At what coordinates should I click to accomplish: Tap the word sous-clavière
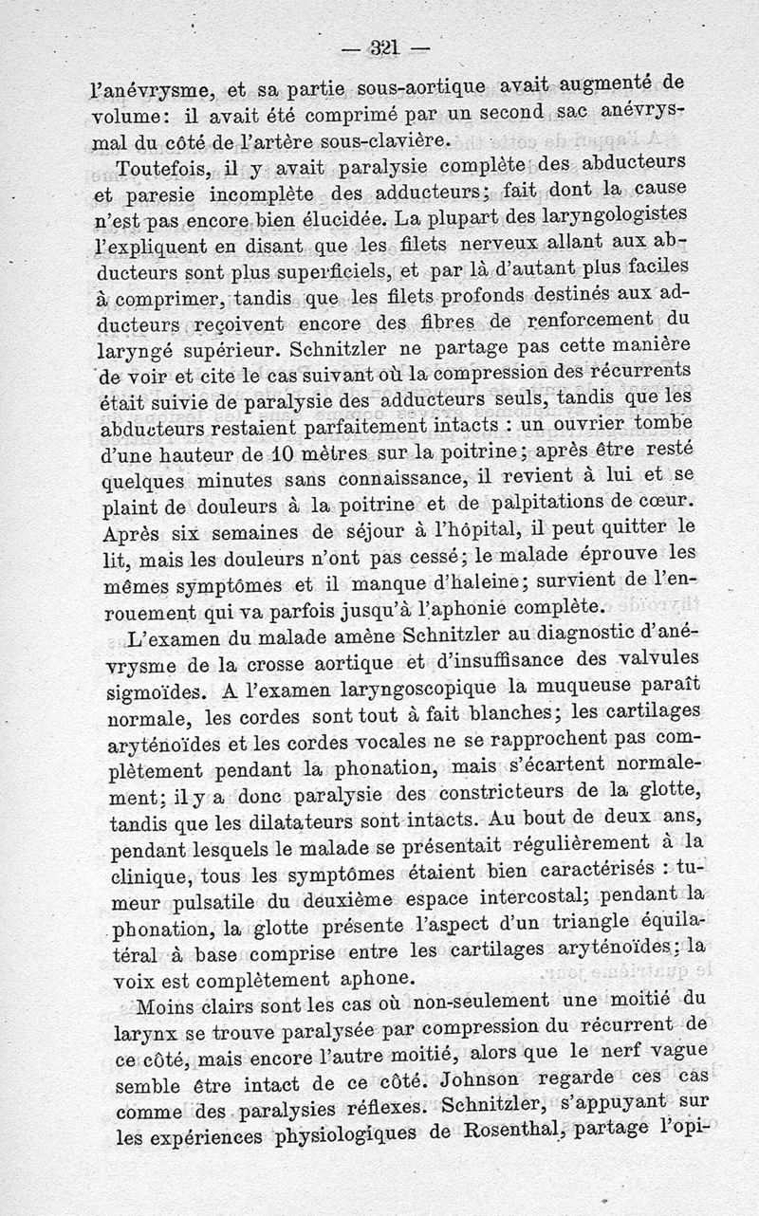coord(384,141)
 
